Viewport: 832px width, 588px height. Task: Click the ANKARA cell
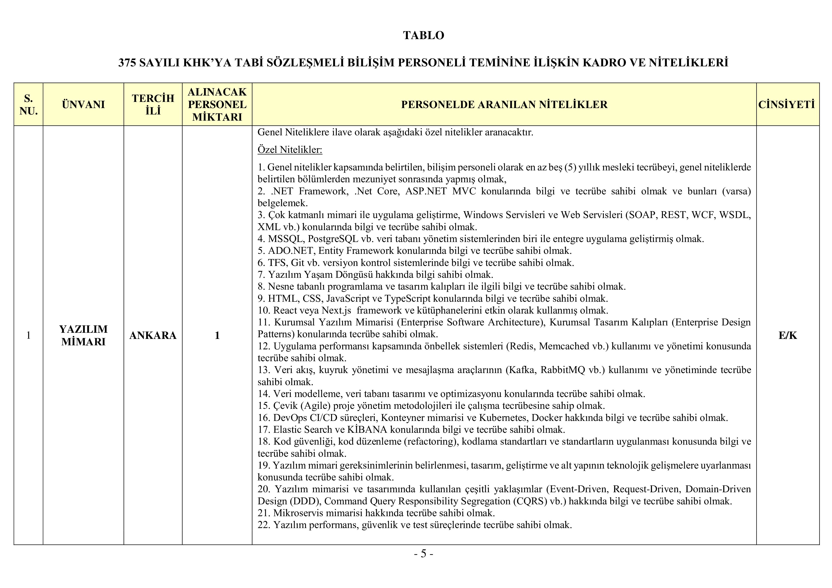153,335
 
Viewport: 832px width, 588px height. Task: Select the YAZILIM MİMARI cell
83,335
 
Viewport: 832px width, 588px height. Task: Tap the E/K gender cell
787,335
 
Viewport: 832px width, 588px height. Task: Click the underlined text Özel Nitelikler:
290,150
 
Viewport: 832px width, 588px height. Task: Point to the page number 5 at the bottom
423,554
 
